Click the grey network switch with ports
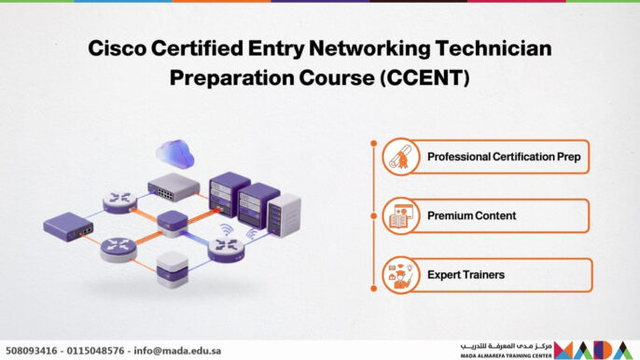click(174, 186)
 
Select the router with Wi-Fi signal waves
click(227, 244)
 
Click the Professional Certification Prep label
click(504, 157)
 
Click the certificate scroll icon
click(400, 157)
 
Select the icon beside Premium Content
click(400, 215)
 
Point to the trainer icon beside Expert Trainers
click(400, 275)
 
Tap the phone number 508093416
click(34, 351)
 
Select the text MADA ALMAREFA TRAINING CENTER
click(505, 355)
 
